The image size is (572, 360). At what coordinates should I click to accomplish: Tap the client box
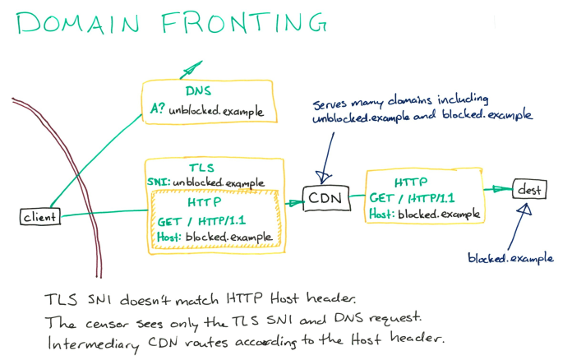[x=39, y=217]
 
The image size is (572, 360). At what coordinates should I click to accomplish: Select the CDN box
[x=325, y=198]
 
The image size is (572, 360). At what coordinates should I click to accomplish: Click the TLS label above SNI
[x=201, y=166]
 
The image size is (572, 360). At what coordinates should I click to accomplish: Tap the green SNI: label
[x=159, y=182]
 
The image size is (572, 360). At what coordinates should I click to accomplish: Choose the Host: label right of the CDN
[x=381, y=215]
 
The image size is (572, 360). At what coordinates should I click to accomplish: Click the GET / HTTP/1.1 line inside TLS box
[x=201, y=220]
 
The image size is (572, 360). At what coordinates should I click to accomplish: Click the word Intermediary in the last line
[x=91, y=339]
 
